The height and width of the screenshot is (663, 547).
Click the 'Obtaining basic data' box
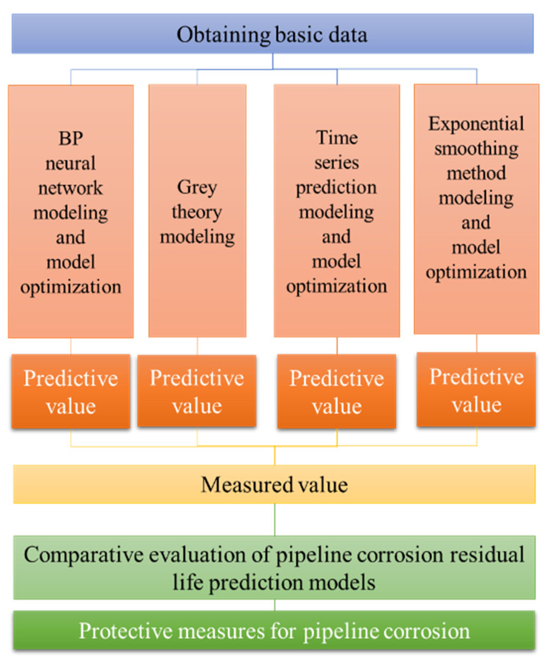point(273,34)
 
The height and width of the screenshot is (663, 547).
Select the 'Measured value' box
point(274,484)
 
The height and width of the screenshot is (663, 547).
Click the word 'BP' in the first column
point(71,139)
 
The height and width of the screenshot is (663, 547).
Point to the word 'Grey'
point(197,188)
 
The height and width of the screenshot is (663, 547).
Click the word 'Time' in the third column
point(337,138)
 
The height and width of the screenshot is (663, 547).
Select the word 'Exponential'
point(476,124)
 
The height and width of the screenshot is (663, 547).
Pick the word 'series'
point(337,163)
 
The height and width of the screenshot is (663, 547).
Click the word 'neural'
point(71,163)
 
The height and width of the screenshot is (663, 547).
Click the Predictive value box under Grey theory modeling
point(197,391)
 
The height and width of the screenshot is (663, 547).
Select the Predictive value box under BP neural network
point(71,391)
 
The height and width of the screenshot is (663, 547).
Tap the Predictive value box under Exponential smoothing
point(476,390)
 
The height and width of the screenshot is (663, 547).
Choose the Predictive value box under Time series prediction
point(337,391)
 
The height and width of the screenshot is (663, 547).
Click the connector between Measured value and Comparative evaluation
point(275,519)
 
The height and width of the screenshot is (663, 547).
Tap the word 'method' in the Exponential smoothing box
point(476,173)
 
